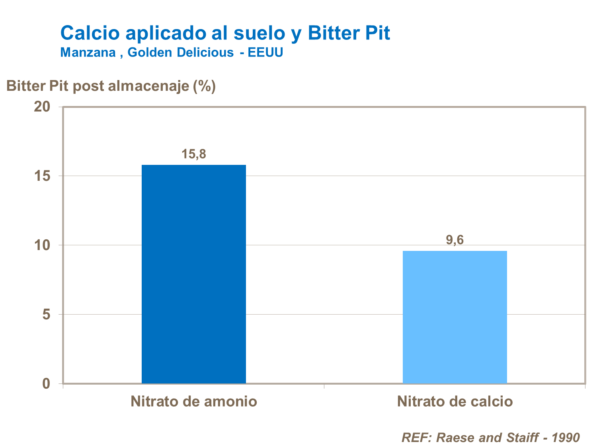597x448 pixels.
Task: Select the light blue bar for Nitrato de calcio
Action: click(x=455, y=317)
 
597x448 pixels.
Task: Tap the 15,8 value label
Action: click(x=194, y=154)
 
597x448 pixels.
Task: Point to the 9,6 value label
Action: click(x=455, y=240)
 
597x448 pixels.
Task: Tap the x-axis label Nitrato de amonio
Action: click(x=194, y=401)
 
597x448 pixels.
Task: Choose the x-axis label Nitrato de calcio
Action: click(x=455, y=401)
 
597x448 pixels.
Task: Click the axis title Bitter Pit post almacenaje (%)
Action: click(x=111, y=86)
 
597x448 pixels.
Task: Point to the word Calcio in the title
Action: click(x=90, y=33)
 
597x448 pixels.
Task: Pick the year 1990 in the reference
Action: click(x=566, y=438)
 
